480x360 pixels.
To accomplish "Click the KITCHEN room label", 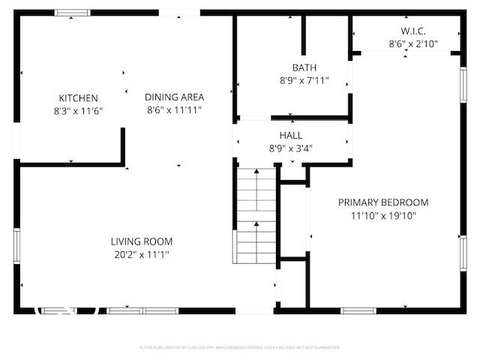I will pyautogui.click(x=78, y=98).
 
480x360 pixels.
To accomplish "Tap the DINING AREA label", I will pyautogui.click(x=174, y=97).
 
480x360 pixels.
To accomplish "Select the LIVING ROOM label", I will pyautogui.click(x=142, y=241).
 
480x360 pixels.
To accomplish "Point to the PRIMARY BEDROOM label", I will pyautogui.click(x=383, y=202).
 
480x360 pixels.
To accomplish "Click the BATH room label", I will pyautogui.click(x=294, y=68).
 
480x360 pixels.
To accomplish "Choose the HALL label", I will pyautogui.click(x=291, y=135).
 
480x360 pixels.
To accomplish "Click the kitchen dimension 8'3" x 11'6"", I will pyautogui.click(x=78, y=111).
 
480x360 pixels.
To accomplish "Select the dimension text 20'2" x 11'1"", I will pyautogui.click(x=142, y=254).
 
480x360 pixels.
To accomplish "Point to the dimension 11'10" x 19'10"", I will pyautogui.click(x=383, y=215).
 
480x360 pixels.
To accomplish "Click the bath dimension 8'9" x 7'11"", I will pyautogui.click(x=294, y=81).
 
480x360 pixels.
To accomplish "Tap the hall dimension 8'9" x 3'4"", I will pyautogui.click(x=291, y=148).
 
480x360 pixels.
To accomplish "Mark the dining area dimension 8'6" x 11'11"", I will pyautogui.click(x=174, y=109).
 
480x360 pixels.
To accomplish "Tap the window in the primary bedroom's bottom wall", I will pyautogui.click(x=358, y=310).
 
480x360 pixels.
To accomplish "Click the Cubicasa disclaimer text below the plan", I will pyautogui.click(x=240, y=347).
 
